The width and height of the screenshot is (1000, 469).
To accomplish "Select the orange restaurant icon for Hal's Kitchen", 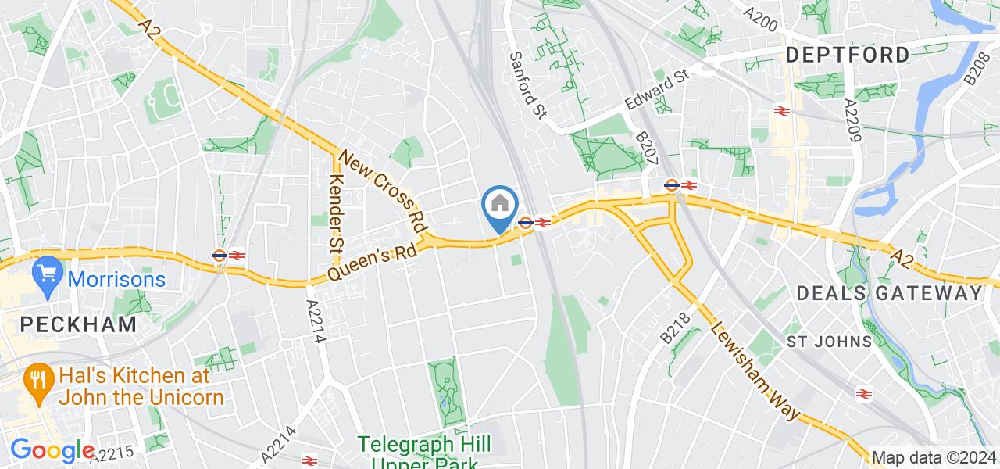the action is point(37,381).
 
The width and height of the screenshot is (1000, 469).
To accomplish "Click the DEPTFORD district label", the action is point(848,55).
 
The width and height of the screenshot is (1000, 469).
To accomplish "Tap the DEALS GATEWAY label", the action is point(889,293).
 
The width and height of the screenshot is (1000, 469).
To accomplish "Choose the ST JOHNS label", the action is point(828,342).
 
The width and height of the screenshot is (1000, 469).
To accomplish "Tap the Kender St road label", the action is point(337,201).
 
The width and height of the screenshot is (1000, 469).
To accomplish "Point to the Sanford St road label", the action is point(527,85).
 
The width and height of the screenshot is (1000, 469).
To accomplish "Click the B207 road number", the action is point(647,148).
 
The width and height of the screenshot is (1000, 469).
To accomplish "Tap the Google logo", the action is point(52,451).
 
